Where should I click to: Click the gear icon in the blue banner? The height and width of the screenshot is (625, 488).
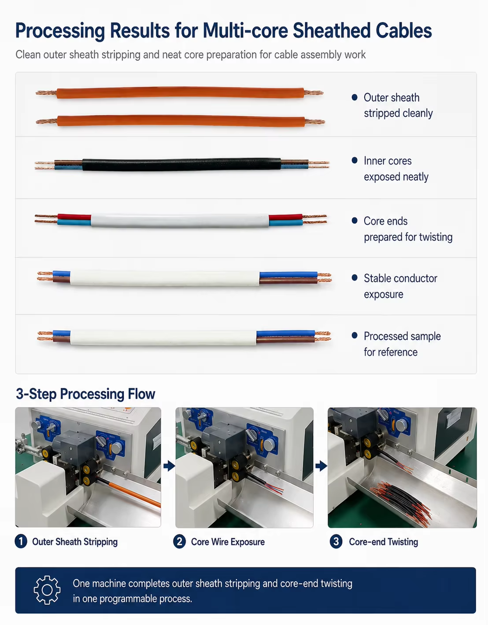pyautogui.click(x=47, y=590)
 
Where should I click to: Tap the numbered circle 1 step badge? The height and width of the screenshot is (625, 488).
pyautogui.click(x=21, y=542)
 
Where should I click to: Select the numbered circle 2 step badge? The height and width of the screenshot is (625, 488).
pyautogui.click(x=179, y=542)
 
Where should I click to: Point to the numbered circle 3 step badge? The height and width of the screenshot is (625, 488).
pyautogui.click(x=336, y=542)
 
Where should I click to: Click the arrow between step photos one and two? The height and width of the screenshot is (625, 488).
pyautogui.click(x=169, y=466)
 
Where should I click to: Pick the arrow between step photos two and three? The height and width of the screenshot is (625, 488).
pyautogui.click(x=321, y=466)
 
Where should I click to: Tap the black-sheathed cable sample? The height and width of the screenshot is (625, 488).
pyautogui.click(x=182, y=165)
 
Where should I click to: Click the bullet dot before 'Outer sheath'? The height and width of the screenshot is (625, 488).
pyautogui.click(x=355, y=97)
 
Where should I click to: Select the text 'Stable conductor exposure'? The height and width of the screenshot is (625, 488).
pyautogui.click(x=400, y=286)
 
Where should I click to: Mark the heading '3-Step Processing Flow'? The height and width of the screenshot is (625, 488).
pyautogui.click(x=85, y=394)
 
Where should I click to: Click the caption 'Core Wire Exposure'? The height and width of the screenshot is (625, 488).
pyautogui.click(x=228, y=542)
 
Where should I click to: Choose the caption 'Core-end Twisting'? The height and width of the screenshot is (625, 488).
pyautogui.click(x=383, y=542)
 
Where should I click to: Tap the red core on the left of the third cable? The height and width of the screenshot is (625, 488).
pyautogui.click(x=74, y=217)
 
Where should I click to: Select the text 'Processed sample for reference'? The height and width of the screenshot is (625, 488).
pyautogui.click(x=402, y=344)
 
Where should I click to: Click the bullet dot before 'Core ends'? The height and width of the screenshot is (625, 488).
pyautogui.click(x=355, y=221)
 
